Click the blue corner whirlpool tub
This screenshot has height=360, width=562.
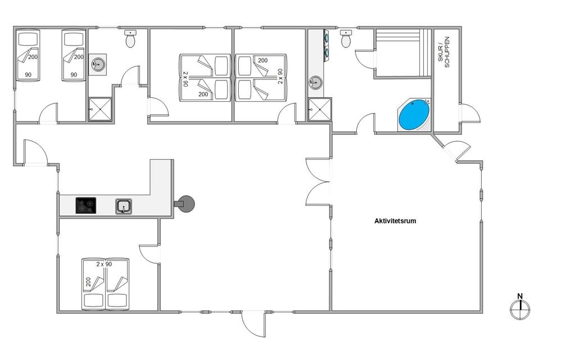414,115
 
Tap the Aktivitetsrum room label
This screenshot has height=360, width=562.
395,221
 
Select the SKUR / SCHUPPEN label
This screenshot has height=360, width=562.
444,52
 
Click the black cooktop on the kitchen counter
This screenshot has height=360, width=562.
85,205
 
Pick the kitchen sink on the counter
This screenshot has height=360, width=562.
124,206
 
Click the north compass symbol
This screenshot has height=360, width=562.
520,309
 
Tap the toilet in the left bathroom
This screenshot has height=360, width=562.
130,38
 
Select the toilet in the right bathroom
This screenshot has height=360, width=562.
346,38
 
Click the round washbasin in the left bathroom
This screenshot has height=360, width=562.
97,65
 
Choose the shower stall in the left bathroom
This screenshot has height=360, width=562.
100,109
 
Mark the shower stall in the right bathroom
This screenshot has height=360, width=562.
320,109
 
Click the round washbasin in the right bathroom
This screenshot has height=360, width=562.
315,83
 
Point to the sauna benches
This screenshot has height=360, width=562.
403,53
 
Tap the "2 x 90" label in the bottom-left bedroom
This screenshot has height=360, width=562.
104,264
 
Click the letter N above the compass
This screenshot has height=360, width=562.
520,296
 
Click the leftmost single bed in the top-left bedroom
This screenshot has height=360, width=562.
28,55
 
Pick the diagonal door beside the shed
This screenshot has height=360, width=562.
456,150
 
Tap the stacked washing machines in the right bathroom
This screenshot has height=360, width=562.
327,44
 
